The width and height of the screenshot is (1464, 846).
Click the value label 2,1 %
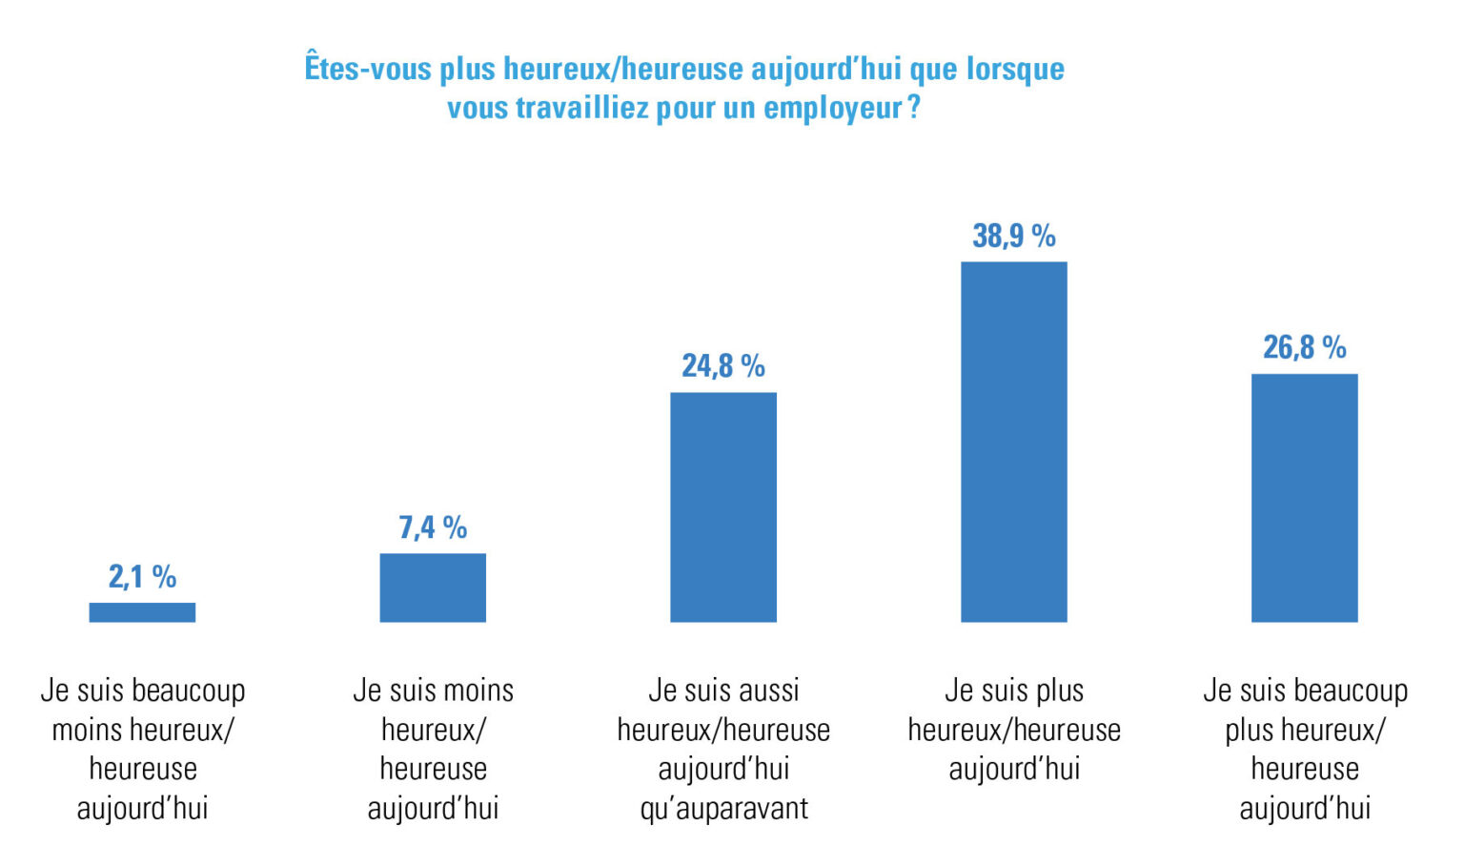coord(142,577)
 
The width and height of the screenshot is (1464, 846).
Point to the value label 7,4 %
coord(433,527)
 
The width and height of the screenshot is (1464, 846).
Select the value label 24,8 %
coord(723,365)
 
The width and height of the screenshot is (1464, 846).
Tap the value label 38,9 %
coord(1014,236)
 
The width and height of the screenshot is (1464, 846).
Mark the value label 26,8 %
coord(1305,347)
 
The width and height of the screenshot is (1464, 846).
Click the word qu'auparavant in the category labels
coord(723,809)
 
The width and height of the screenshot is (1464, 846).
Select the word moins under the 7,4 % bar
coord(478,691)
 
